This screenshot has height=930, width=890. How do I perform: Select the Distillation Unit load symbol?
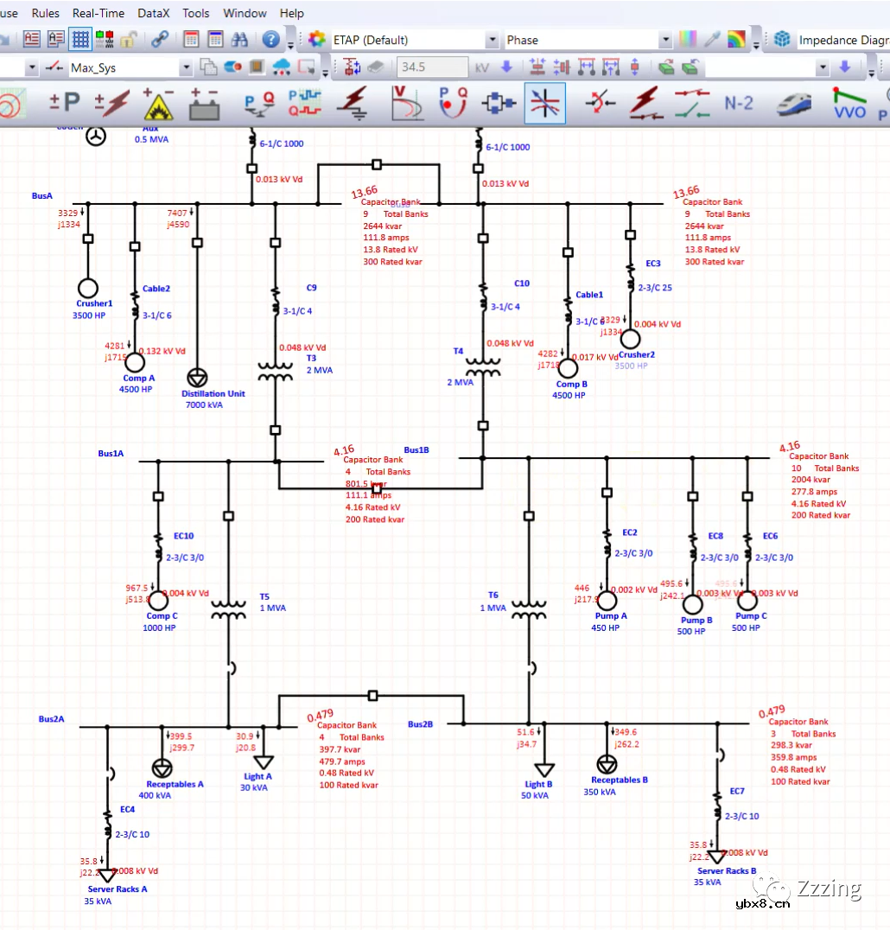(197, 378)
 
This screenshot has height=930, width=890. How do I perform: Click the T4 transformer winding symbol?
(483, 369)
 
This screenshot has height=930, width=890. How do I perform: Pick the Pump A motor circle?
(607, 601)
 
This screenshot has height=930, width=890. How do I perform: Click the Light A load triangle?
(264, 761)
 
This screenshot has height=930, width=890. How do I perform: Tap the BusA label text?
(42, 196)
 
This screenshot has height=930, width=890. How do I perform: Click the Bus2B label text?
(421, 724)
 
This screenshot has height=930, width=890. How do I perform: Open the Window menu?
(245, 13)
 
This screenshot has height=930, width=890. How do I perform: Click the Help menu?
(292, 13)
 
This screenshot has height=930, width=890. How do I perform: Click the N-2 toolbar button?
(738, 104)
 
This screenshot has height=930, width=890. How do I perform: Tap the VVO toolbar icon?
(849, 104)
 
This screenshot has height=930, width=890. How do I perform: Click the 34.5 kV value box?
(431, 67)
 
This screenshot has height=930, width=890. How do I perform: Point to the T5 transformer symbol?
(229, 609)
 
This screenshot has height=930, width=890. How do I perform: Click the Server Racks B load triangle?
(716, 857)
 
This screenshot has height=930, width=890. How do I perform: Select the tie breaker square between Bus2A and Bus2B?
(373, 695)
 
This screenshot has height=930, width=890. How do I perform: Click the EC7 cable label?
(736, 791)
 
